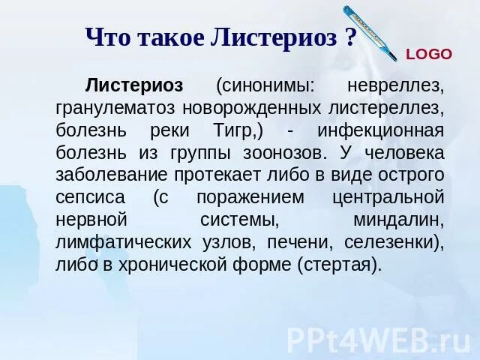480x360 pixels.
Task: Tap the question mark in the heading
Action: pyautogui.click(x=350, y=37)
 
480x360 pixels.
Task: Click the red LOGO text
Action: pyautogui.click(x=429, y=54)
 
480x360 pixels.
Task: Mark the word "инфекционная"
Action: pyautogui.click(x=381, y=130)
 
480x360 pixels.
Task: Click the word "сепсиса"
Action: pyautogui.click(x=91, y=198)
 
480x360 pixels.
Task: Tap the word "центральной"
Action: pyautogui.click(x=388, y=198)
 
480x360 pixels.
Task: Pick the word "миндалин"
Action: pyautogui.click(x=397, y=220)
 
